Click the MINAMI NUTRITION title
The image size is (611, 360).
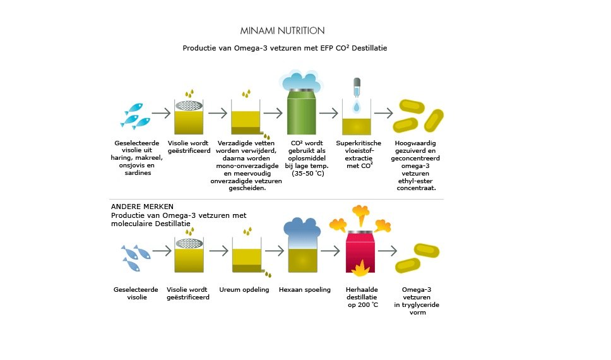coord(282,30)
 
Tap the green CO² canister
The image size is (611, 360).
coord(301,112)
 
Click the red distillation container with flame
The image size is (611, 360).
coord(360,251)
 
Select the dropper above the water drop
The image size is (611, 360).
coord(357,87)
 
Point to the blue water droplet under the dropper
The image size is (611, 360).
coord(357,106)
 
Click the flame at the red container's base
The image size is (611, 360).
coord(360,268)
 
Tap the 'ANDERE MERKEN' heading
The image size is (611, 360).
coord(142,207)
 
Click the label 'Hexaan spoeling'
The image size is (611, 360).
coord(305,290)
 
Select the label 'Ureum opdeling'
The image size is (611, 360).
coord(244,290)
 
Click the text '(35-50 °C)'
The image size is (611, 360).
coord(308,173)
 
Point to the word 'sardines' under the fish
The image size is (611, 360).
coord(138,173)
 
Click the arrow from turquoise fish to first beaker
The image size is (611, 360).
coord(162,113)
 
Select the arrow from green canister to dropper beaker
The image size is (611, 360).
coord(329,113)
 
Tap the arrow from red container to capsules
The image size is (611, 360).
coord(388,251)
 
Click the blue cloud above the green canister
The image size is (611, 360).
coord(301,81)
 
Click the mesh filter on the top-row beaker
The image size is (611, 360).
coord(189,105)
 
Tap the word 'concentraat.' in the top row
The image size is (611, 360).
coord(416,188)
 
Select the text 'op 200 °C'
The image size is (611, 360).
coord(363,305)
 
